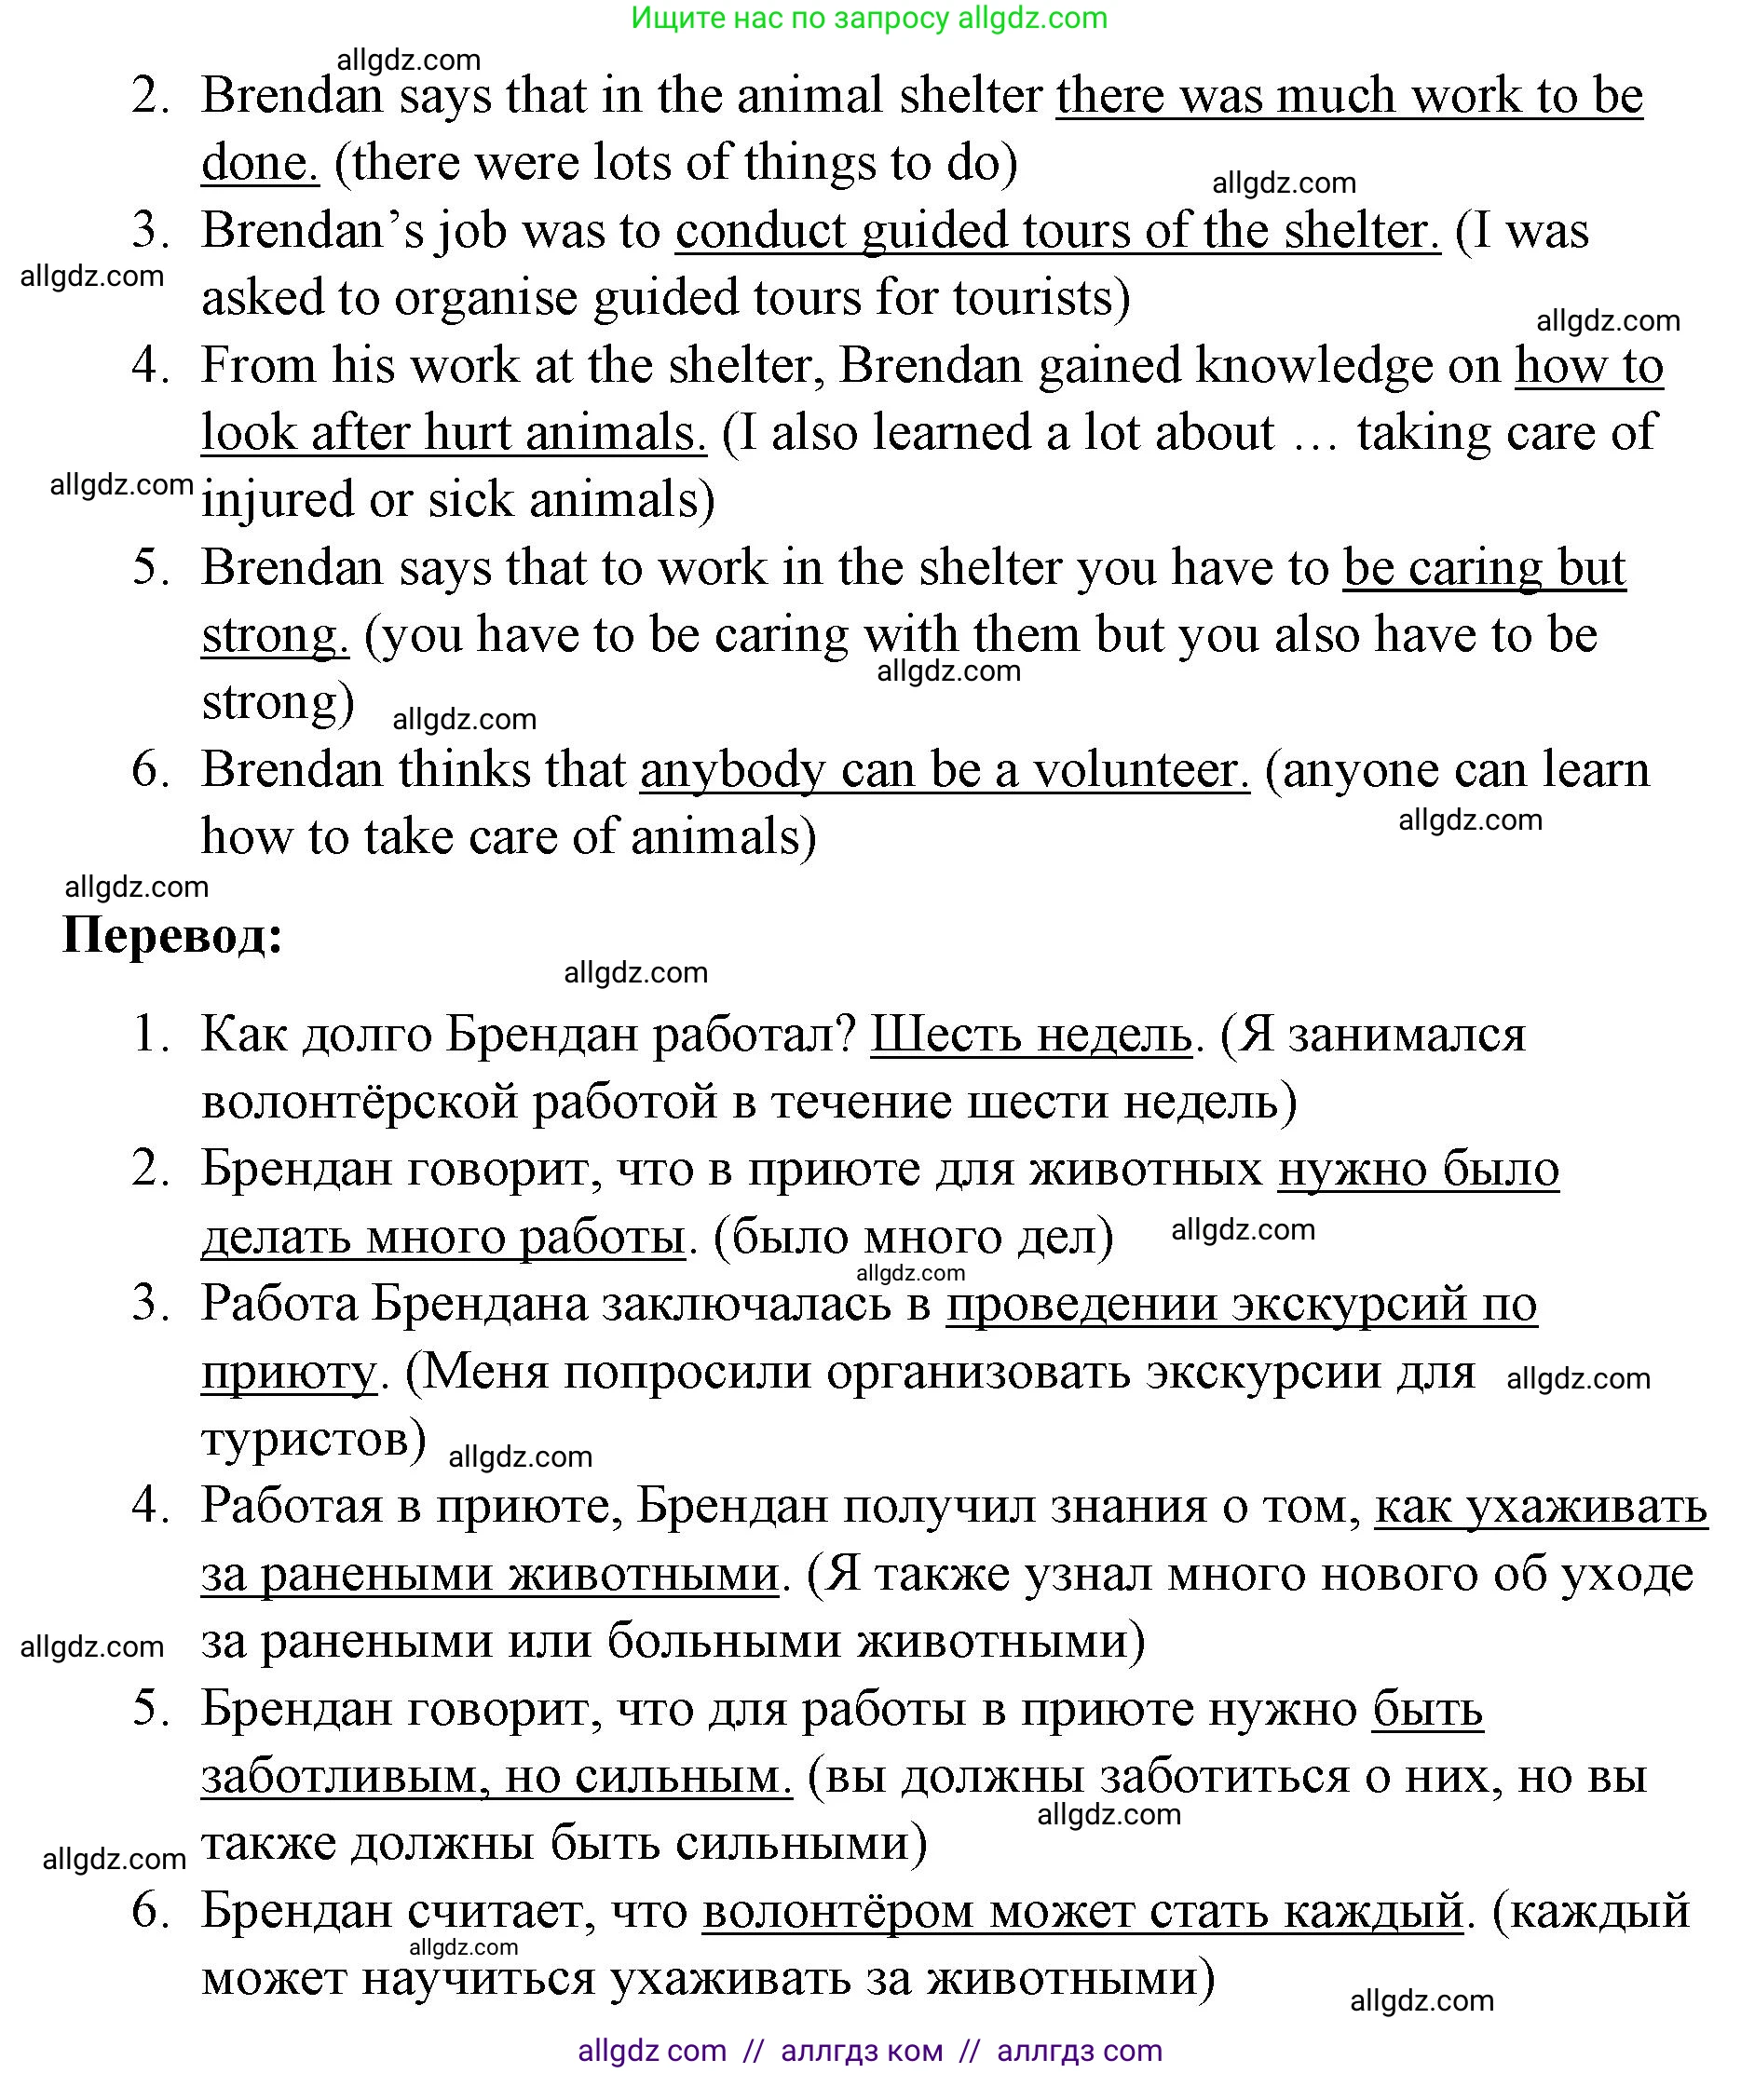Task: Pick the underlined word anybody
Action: click(x=732, y=770)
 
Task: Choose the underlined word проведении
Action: click(x=1082, y=1304)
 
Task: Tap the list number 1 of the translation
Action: click(x=151, y=1035)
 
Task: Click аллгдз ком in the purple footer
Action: click(x=861, y=2051)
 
